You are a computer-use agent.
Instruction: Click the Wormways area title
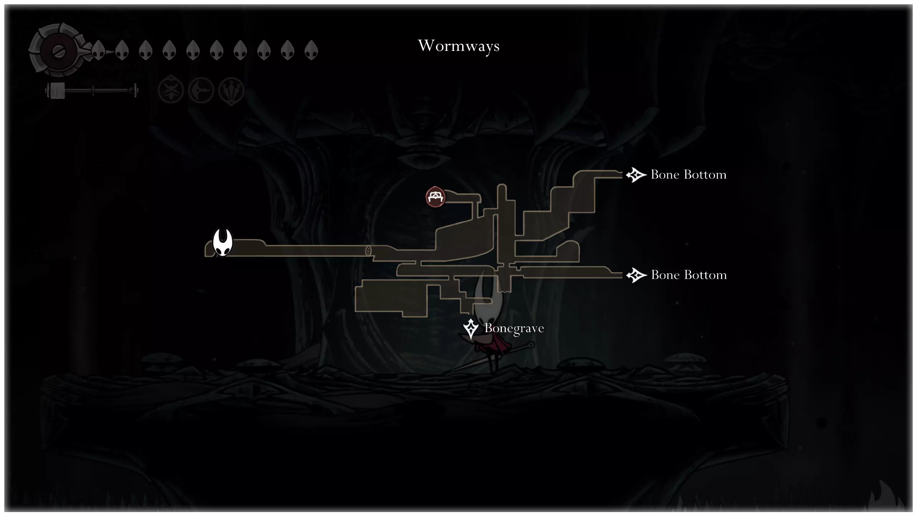[x=458, y=46]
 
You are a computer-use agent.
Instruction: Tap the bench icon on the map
[x=435, y=197]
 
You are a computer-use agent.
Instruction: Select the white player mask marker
[x=222, y=243]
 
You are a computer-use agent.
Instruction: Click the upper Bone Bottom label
[x=688, y=175]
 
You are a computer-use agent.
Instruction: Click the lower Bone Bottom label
[x=688, y=275]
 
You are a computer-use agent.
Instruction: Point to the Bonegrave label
[x=514, y=329]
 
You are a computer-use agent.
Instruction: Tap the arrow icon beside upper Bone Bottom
[x=636, y=175]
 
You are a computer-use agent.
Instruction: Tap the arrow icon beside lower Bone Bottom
[x=636, y=275]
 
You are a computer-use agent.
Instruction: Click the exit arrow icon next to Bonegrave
[x=471, y=329]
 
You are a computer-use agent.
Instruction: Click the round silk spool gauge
[x=57, y=50]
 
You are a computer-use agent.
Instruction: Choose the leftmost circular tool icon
[x=171, y=90]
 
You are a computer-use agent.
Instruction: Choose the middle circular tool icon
[x=201, y=90]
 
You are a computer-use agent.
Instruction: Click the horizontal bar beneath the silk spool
[x=92, y=91]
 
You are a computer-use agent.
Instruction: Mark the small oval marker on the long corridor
[x=368, y=250]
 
